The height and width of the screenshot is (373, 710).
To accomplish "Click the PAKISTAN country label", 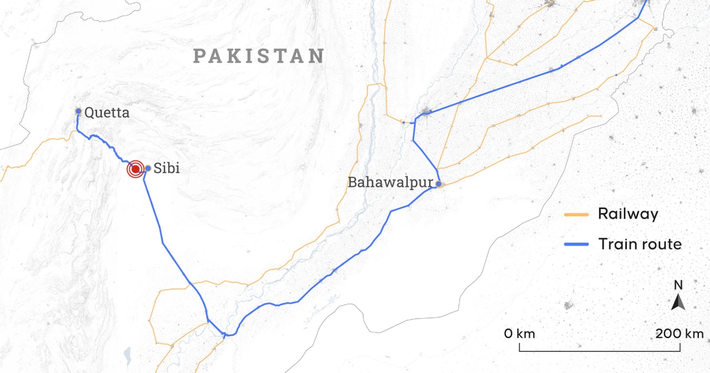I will [259, 56].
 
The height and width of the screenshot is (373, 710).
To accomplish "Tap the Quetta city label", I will [106, 112].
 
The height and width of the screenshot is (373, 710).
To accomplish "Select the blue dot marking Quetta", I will [78, 111].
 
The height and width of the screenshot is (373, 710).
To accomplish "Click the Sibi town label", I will [166, 169].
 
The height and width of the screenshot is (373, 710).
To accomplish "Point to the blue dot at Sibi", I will [148, 168].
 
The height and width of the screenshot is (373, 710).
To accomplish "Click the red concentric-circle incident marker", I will [135, 169].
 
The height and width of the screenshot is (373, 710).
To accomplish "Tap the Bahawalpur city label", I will [390, 182].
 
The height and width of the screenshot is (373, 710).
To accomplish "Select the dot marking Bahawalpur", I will [438, 184].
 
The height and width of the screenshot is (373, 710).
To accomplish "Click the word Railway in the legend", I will [628, 214].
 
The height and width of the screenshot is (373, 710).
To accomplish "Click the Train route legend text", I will [640, 243].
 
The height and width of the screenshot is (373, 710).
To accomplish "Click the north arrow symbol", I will [679, 303].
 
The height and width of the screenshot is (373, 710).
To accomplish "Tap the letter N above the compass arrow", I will [679, 285].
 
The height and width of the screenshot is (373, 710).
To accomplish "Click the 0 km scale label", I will [519, 333].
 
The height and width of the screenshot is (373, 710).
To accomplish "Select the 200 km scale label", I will [679, 333].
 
